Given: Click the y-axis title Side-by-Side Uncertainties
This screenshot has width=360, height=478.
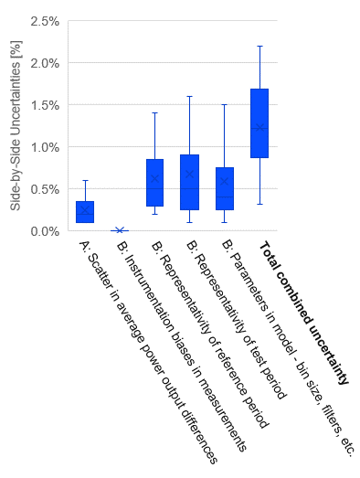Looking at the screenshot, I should (16, 126).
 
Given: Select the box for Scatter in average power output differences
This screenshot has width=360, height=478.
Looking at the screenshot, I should (84, 212).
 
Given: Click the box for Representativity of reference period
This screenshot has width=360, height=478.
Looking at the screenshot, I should (154, 183).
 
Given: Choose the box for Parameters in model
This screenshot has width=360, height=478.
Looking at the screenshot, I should (224, 189).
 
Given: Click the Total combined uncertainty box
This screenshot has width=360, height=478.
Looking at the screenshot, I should (259, 123).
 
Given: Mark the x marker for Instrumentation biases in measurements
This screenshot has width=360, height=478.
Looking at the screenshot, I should (120, 230).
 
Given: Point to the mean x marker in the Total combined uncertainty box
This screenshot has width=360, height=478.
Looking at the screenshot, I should (259, 127).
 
